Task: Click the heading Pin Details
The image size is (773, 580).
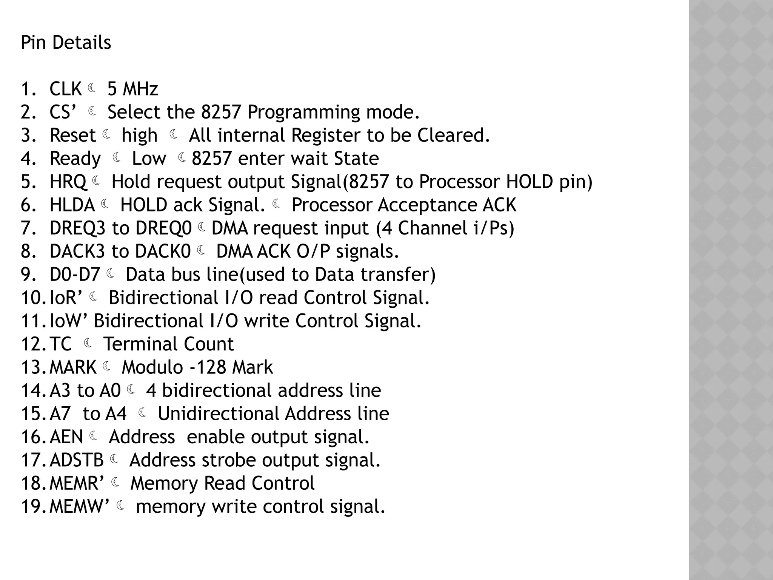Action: (66, 42)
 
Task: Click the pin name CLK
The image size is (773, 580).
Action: (65, 89)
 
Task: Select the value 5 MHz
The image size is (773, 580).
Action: (132, 89)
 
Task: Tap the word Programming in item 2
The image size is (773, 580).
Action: (298, 113)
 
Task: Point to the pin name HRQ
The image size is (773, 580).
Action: (68, 182)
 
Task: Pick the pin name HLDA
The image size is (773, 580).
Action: (72, 205)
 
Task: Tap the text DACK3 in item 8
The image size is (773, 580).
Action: (77, 251)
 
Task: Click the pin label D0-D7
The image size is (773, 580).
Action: (75, 275)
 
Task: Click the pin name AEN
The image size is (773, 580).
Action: (66, 437)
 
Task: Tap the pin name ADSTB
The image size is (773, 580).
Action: (77, 460)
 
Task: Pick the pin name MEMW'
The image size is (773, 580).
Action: (79, 507)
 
